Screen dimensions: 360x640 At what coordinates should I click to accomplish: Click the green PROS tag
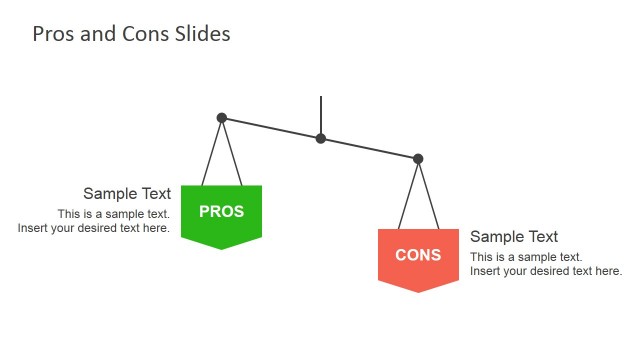click(221, 213)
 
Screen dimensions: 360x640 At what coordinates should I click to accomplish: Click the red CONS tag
click(418, 257)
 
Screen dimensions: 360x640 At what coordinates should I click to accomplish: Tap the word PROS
click(221, 211)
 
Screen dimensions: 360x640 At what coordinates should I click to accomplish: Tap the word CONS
click(418, 255)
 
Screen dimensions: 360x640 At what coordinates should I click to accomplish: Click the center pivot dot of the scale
click(321, 138)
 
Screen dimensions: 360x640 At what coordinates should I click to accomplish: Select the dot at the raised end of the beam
click(222, 118)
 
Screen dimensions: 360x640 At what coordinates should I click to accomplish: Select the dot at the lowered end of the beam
click(418, 159)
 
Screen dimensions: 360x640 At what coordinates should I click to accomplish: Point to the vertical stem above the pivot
click(321, 113)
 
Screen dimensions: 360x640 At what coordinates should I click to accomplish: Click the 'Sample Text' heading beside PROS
click(127, 194)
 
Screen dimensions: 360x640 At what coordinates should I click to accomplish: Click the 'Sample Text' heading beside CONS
click(514, 237)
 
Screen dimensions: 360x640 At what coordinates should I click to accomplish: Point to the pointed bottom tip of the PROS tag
click(221, 247)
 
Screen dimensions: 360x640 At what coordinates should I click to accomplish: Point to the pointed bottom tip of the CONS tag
click(418, 291)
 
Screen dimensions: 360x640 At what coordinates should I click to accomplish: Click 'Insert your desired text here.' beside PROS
click(94, 228)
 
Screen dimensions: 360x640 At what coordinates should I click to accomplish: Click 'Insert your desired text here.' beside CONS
click(546, 271)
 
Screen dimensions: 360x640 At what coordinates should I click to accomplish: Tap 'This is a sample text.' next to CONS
click(526, 257)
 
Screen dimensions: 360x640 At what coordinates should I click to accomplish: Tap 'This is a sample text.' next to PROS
click(113, 214)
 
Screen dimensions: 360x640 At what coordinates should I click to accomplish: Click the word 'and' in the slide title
click(97, 34)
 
